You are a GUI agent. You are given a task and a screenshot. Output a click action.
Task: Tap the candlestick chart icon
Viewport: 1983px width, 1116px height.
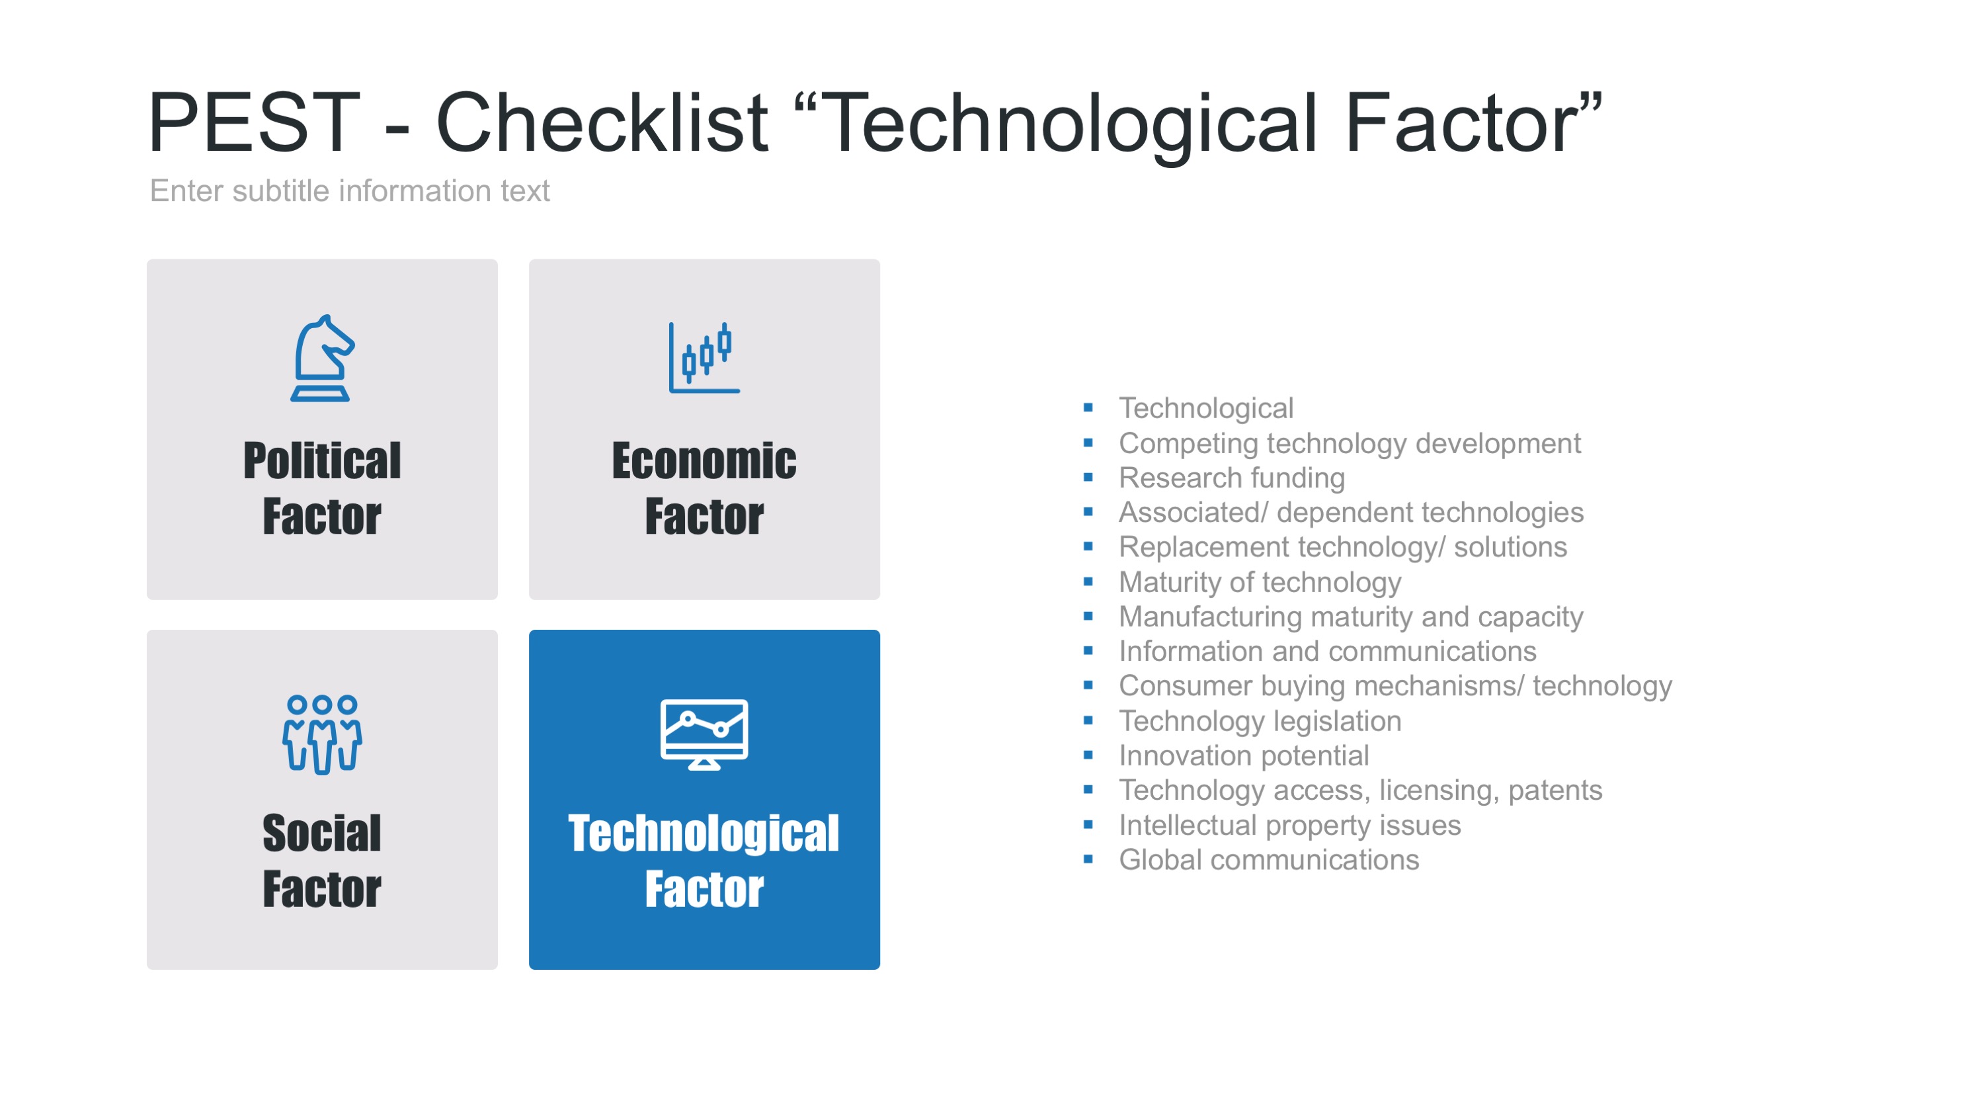[704, 357]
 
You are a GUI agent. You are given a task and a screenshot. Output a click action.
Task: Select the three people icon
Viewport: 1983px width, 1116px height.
[322, 734]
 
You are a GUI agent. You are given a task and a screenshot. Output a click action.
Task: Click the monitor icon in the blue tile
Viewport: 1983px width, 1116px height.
[704, 734]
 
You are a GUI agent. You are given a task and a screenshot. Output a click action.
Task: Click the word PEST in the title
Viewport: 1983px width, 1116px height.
[254, 122]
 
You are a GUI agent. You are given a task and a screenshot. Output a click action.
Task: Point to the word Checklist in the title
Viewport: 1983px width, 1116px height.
[602, 122]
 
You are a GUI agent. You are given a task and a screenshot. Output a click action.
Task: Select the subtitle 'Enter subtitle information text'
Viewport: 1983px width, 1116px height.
[350, 191]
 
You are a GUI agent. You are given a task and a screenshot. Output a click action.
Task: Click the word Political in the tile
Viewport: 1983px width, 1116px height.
[322, 460]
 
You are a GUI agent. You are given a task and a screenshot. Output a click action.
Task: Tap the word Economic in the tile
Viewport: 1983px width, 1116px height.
[704, 460]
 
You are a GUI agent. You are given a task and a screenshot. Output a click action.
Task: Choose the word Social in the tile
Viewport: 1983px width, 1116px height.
[322, 834]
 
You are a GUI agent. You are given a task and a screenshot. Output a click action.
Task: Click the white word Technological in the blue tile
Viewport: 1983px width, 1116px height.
[704, 834]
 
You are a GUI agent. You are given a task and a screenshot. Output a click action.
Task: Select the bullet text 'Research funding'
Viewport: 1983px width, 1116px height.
[1232, 478]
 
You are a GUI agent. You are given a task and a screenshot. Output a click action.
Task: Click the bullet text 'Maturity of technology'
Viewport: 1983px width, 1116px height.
[1260, 582]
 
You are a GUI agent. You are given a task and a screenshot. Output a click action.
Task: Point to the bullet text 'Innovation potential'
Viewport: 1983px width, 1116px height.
[1244, 755]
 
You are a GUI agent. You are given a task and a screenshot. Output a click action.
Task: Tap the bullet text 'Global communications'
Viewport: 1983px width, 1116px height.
[1269, 859]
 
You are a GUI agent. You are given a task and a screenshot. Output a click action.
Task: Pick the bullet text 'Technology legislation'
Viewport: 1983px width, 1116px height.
[1260, 721]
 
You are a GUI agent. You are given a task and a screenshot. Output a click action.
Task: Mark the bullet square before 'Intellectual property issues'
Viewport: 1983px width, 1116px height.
[1088, 824]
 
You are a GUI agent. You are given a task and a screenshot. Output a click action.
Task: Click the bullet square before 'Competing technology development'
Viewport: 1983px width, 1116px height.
[1088, 442]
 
